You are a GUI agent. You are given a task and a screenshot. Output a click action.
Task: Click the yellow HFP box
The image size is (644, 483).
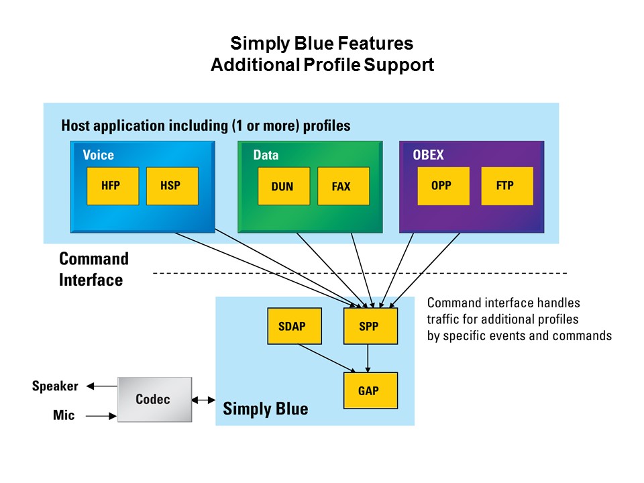point(112,186)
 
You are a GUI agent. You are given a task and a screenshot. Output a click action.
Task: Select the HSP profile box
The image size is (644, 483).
point(172,186)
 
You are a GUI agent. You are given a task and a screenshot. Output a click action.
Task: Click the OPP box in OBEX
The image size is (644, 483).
point(442,186)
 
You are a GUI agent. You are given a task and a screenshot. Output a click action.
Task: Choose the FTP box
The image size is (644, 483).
point(506,186)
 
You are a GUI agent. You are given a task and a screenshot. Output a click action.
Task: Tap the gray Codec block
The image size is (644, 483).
point(154,399)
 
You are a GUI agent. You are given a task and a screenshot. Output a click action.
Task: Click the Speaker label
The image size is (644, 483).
point(55,386)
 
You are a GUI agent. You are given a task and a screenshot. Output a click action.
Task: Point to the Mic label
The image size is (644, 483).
point(64,416)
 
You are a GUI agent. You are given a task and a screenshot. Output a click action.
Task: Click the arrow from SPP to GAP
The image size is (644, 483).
point(368,359)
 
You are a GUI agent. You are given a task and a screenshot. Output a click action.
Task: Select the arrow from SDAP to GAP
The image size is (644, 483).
point(327,358)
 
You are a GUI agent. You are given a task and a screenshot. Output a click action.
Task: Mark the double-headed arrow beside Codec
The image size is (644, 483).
point(203,400)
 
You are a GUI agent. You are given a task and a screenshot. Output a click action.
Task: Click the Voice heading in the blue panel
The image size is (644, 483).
point(98,155)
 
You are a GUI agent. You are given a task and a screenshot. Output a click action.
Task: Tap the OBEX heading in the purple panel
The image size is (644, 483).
point(428,155)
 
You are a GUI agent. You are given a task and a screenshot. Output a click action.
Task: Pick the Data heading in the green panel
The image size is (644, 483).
point(266,155)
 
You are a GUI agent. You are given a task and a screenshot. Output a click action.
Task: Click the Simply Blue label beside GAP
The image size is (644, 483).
point(265,409)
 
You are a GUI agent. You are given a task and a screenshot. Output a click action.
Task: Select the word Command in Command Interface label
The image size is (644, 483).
point(93,259)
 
